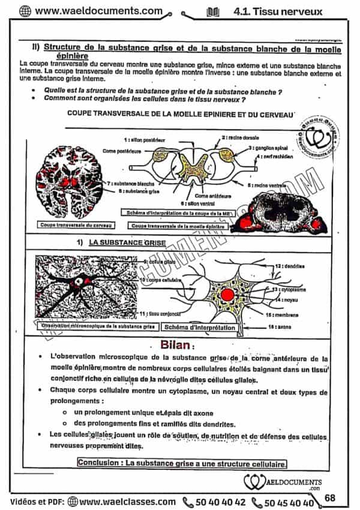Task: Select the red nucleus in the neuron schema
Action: point(227,295)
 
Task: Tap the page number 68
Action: point(330,497)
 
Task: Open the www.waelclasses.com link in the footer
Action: point(122,502)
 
